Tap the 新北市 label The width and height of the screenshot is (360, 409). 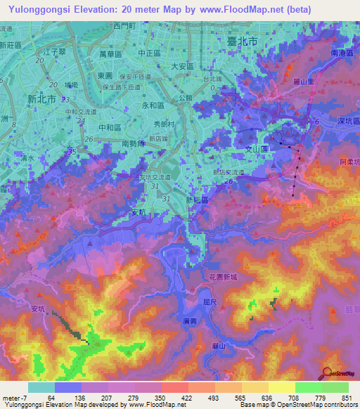point(41,98)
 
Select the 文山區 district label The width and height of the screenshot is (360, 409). point(257,149)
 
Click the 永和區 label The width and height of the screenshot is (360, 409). point(153,105)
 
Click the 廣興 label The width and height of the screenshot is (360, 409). point(188,320)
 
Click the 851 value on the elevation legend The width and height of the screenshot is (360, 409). point(345,398)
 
